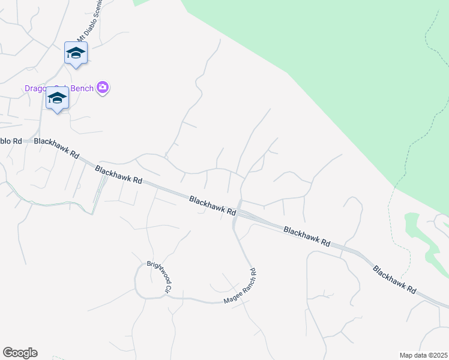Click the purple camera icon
click(x=103, y=88)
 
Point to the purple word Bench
click(x=82, y=89)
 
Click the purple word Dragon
click(x=36, y=89)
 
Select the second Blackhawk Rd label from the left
click(x=118, y=175)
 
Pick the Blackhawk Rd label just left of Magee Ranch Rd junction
click(x=212, y=205)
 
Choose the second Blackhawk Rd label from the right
click(x=307, y=236)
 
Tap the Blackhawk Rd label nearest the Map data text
click(x=394, y=280)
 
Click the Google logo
click(x=20, y=353)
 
